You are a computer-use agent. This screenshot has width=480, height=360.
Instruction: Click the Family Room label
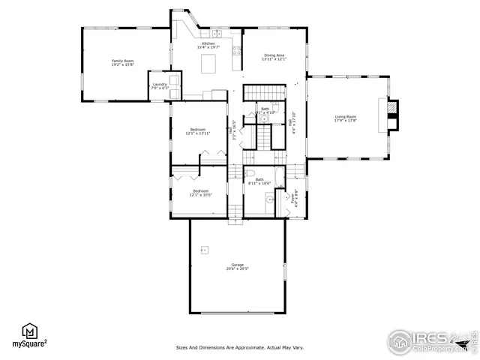pos(122,62)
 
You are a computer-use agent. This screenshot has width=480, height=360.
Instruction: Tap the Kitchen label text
pos(206,46)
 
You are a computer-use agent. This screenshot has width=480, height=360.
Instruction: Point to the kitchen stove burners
pos(237,52)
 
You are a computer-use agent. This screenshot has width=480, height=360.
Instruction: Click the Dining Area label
pos(274,57)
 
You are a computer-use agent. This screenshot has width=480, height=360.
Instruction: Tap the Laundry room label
pos(160,86)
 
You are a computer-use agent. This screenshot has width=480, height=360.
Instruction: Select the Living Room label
pos(345,118)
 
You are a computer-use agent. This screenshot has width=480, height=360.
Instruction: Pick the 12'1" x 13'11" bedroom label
pos(198,131)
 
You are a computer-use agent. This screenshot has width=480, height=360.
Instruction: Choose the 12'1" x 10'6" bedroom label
pos(200,193)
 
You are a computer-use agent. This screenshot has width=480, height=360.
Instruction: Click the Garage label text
pos(237,266)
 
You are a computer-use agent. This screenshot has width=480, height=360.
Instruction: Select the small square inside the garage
pos(203,248)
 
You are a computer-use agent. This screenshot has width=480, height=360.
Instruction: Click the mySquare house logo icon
pos(29,333)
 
